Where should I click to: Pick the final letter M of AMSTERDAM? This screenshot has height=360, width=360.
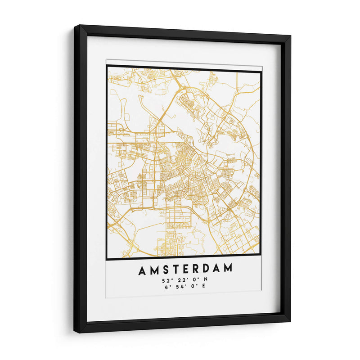229,269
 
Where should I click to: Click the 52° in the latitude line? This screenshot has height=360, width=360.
166,280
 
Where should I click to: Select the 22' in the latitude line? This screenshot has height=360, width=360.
179,280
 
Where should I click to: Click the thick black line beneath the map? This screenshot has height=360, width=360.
184,259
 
